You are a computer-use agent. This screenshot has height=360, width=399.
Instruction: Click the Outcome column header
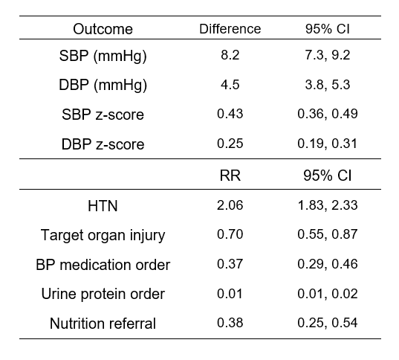coord(103,29)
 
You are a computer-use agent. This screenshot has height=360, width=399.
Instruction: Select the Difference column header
coord(230,29)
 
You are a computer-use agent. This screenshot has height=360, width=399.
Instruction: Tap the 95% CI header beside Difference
coord(328,29)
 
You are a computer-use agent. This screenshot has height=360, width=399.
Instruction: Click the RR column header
coord(230,176)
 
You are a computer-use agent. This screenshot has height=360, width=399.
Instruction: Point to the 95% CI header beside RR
coord(328,176)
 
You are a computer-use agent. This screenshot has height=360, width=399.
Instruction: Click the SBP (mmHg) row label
coord(103,56)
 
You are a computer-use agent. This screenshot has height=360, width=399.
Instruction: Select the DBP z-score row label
coord(103,144)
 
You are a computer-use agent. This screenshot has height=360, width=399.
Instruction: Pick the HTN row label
coord(103,206)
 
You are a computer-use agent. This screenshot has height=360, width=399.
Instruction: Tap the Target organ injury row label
coord(103,235)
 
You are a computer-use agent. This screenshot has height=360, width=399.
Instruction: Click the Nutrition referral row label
coord(103,324)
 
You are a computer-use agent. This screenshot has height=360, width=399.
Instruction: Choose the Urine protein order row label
coord(103,295)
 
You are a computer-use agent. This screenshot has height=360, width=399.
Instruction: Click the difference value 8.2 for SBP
coord(230,55)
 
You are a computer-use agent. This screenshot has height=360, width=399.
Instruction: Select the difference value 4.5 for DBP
coord(230,85)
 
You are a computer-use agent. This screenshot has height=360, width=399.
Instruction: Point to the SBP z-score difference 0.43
coord(230,114)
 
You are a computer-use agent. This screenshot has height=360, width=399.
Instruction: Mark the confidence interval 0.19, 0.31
coord(328,144)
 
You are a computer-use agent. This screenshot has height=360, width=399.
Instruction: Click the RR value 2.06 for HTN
coord(230,205)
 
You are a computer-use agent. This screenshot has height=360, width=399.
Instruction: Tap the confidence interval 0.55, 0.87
coord(328,234)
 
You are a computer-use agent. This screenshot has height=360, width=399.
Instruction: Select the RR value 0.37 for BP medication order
coord(230,264)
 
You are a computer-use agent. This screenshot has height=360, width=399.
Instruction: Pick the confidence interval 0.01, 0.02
coord(328,294)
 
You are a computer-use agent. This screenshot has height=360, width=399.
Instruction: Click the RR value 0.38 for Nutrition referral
coord(230,323)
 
